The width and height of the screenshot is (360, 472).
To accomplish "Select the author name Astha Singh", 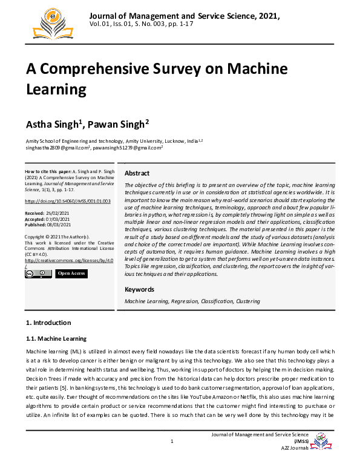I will click(52, 125).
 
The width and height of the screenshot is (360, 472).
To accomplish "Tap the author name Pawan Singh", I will click(116, 125).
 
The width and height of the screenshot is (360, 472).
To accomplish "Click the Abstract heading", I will click(137, 173).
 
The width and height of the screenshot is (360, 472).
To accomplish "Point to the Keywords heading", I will click(139, 289).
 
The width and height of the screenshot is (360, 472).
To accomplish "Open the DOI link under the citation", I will click(68, 200).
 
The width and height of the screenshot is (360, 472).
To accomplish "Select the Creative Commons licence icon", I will click(38, 274).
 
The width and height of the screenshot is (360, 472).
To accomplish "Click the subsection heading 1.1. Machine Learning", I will click(56, 338).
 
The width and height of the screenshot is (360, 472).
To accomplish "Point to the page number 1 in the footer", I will click(172, 441).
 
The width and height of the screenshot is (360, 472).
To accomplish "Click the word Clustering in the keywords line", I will click(247, 301).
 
